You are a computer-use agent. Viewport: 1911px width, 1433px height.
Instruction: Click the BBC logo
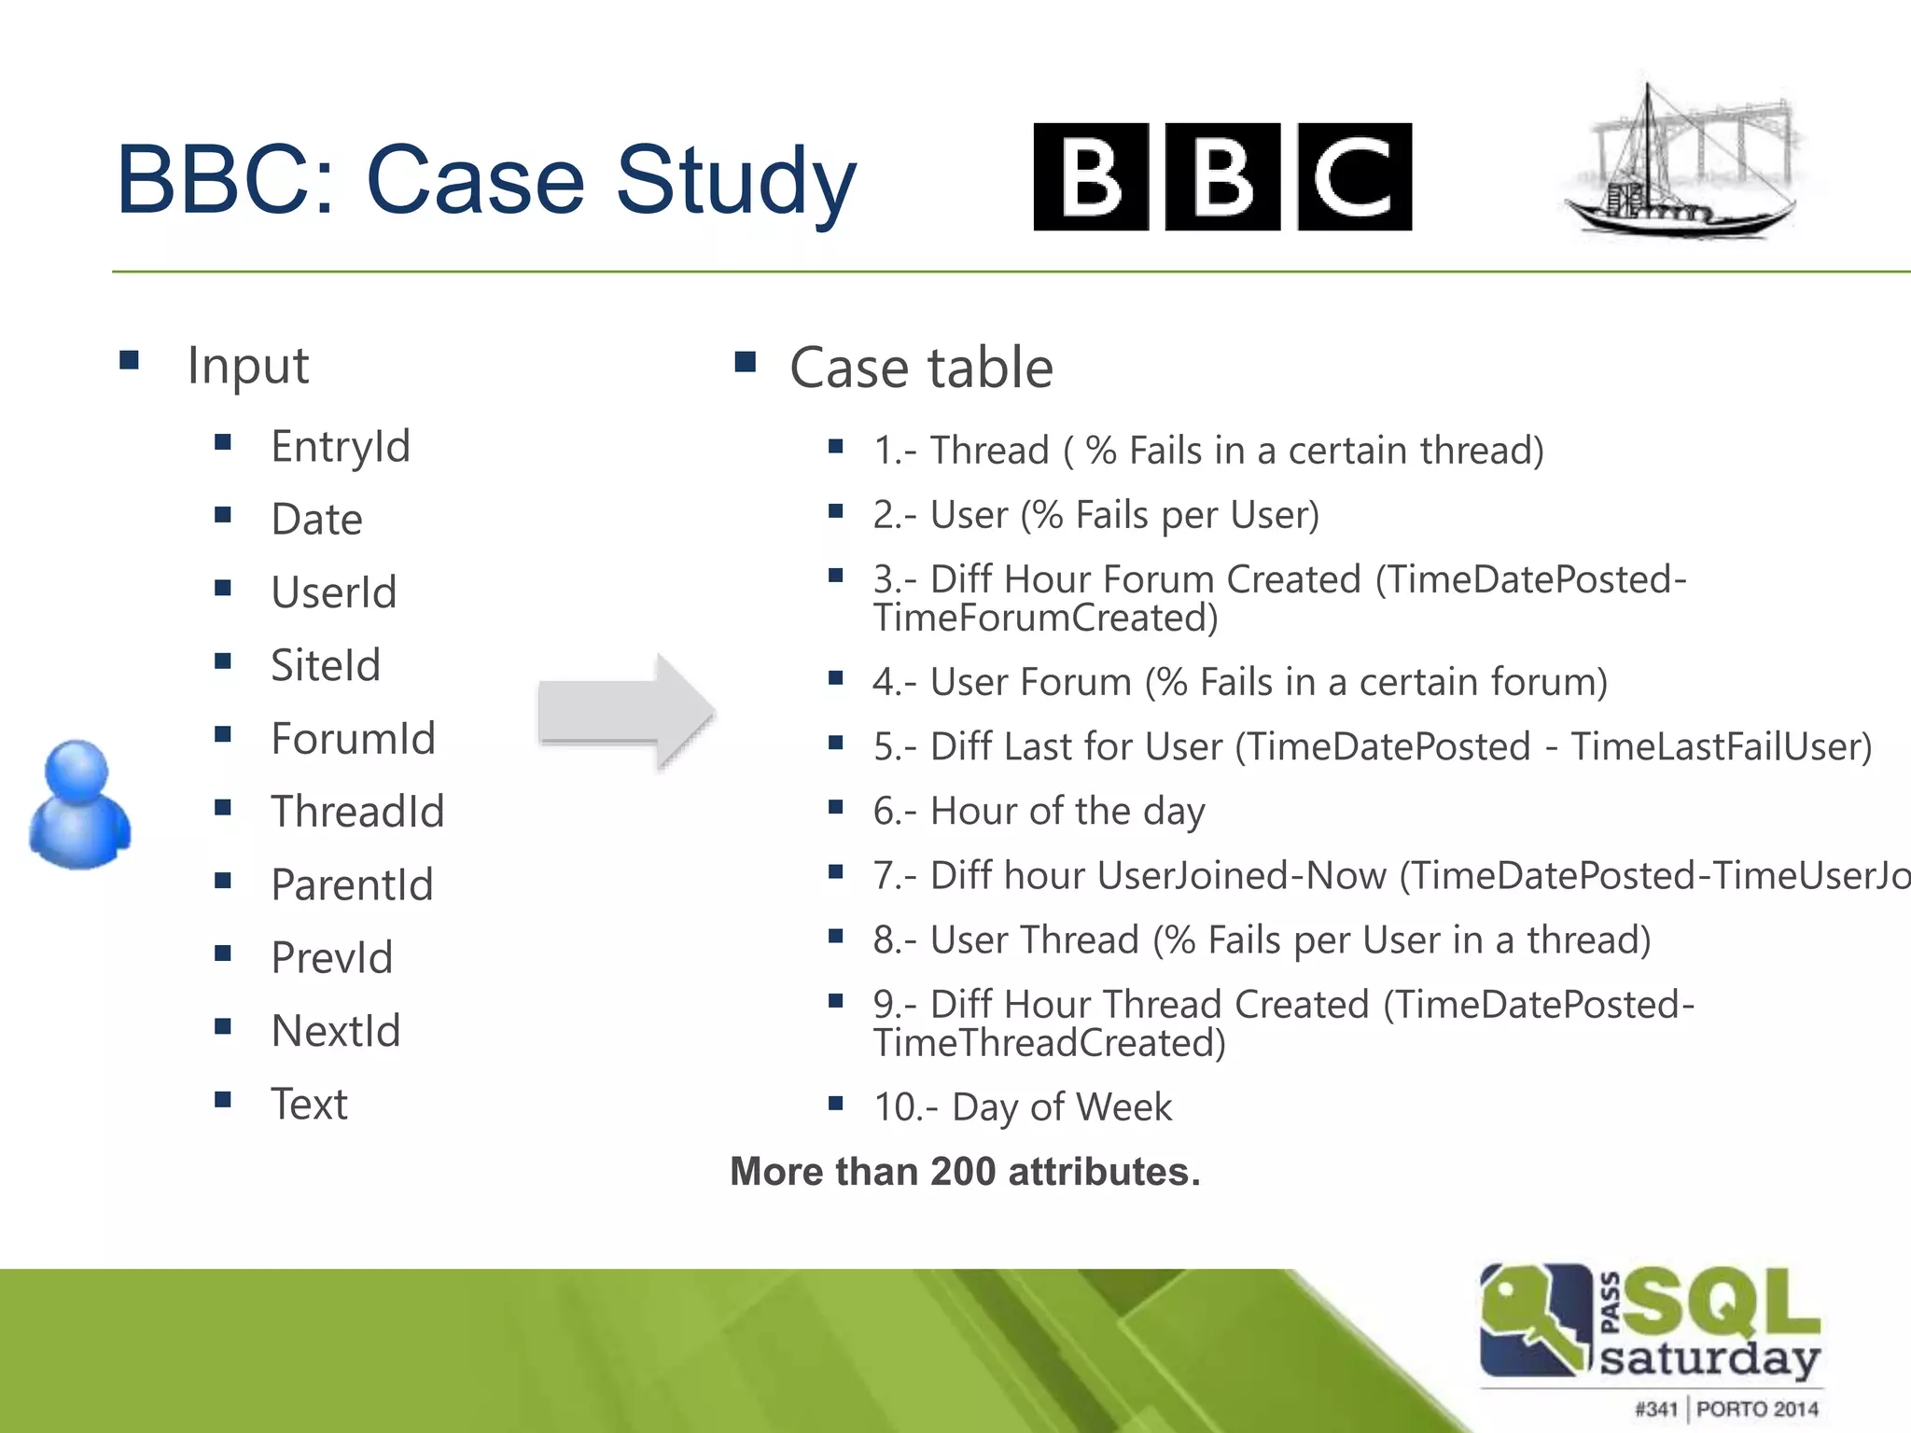point(1222,176)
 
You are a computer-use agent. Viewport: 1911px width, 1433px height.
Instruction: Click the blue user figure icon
point(79,804)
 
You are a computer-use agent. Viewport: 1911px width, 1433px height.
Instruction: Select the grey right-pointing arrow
point(626,714)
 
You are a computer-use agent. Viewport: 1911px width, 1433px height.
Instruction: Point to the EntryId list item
point(341,446)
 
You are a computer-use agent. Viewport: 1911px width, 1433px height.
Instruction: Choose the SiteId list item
point(326,665)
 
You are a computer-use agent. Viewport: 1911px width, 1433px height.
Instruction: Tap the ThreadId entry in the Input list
point(357,811)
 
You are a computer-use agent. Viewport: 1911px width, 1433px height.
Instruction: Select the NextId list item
point(335,1031)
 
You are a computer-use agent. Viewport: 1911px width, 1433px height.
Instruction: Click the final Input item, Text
point(309,1104)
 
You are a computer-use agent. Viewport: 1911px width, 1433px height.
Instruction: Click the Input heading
point(247,365)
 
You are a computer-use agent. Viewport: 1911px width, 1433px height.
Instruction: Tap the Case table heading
point(921,367)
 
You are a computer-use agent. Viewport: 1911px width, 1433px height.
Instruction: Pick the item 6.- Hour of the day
point(1039,811)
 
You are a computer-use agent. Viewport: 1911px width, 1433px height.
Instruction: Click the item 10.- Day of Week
point(1023,1107)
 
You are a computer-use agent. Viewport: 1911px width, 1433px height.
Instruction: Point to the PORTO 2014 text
point(1757,1409)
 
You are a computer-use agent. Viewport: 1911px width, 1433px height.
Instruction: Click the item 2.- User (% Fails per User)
point(1095,515)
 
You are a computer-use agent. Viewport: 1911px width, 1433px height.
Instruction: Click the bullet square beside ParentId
point(222,881)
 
